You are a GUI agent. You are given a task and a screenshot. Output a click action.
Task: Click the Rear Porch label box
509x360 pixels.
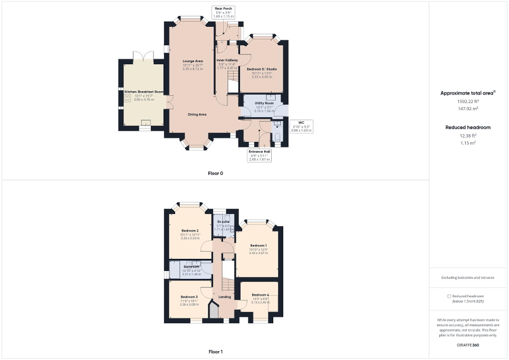click(223, 13)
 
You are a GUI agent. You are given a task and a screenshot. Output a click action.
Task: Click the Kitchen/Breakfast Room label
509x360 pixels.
click(143, 92)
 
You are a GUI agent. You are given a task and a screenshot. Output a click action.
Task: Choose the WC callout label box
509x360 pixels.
click(301, 126)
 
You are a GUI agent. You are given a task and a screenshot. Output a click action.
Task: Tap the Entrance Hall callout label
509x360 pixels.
click(260, 155)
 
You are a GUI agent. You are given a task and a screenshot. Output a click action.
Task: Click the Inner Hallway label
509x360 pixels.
click(227, 61)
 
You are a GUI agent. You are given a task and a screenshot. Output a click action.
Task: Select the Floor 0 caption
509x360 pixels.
click(215, 173)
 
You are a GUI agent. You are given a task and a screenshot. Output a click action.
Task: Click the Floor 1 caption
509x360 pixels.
click(215, 351)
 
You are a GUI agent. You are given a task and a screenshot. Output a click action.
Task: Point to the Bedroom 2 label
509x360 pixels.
click(190, 231)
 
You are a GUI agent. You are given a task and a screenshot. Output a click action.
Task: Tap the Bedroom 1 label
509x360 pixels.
click(258, 246)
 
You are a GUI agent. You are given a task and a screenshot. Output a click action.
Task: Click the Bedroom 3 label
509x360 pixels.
click(189, 297)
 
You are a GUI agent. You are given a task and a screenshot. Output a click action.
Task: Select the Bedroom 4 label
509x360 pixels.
click(260, 295)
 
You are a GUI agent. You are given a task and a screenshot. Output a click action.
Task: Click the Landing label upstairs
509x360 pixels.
click(225, 297)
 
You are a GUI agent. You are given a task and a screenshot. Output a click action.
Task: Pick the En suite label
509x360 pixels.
click(224, 222)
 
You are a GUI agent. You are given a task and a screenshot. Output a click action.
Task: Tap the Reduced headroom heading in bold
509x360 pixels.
click(468, 127)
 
